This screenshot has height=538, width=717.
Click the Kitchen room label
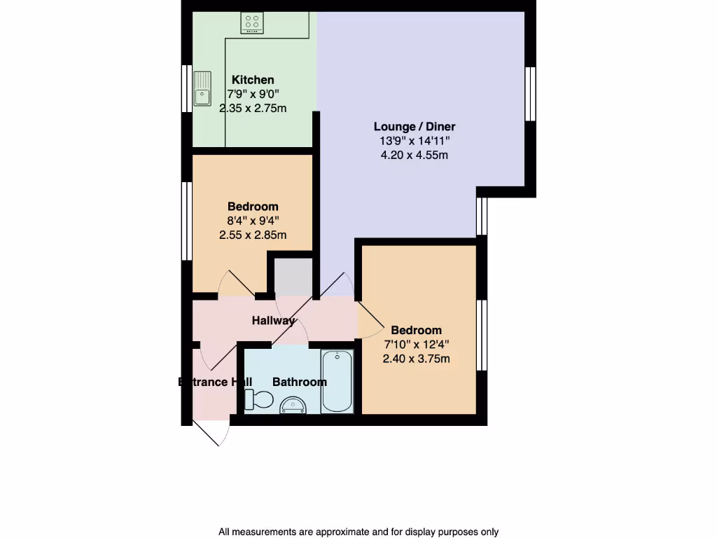253,80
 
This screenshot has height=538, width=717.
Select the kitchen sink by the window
203,88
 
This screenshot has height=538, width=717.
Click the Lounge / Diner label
414,127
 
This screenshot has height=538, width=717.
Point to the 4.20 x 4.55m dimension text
414,155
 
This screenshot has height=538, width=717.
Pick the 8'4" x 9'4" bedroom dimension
253,221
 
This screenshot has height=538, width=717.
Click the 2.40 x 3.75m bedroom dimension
416,359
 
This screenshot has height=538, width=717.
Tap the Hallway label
273,321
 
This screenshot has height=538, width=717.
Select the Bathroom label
299,382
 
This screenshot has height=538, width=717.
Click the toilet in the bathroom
258,400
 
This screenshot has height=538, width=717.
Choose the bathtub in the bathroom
337,382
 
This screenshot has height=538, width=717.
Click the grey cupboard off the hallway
293,276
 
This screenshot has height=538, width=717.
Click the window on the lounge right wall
530,94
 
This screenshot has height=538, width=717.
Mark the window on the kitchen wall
188,88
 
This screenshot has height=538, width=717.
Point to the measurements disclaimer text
358,532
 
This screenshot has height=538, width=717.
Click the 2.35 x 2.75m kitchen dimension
253,109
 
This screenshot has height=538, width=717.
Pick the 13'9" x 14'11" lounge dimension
414,141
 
